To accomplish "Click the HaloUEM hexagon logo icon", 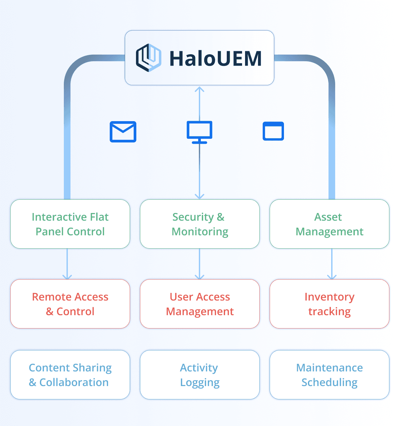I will coord(148,58).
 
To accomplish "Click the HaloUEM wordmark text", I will coord(215,59).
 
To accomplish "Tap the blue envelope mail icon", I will coord(123,132).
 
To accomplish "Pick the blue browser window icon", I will coord(273,131).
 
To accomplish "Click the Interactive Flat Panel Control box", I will coord(70,224).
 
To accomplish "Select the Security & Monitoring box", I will coord(199,224).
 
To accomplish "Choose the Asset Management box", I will coord(329,224).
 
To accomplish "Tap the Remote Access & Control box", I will coord(70,304).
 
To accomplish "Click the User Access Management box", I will coord(199,304).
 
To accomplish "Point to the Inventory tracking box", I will coord(329,304).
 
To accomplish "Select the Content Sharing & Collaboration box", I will coord(70,375).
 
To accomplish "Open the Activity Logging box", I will coord(199,375).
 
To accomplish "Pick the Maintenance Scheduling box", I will coord(329,375).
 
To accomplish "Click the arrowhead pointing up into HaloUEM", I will coord(199,89).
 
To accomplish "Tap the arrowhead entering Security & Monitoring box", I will coord(199,196).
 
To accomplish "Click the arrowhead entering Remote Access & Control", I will coord(67,277).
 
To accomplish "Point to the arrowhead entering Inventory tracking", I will coord(332,277).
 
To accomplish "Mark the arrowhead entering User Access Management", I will coord(199,277).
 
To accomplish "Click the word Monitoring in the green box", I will coord(200,232).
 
